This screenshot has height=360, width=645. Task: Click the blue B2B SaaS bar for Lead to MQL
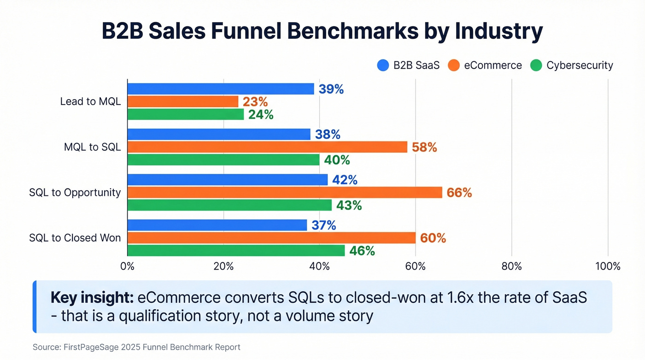[x=220, y=89]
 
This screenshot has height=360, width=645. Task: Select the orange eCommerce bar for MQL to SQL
[x=267, y=147]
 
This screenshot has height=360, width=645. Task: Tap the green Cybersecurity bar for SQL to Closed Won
[x=236, y=251]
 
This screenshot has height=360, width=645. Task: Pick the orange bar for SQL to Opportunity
[x=284, y=193]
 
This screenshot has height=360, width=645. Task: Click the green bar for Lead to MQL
[x=185, y=114]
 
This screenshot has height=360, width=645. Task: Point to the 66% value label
[x=459, y=193]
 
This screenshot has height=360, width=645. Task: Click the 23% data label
[x=255, y=102]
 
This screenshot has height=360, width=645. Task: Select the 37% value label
[x=323, y=225]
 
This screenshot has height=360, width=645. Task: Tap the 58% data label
[x=424, y=148]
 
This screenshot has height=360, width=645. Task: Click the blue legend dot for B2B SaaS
[x=383, y=65]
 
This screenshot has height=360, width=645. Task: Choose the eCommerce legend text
[x=493, y=65]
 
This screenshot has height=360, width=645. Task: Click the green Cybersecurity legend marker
[x=536, y=65]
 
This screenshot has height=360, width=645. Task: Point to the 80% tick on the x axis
[x=511, y=266]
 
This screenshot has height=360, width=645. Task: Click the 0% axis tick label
[x=127, y=266]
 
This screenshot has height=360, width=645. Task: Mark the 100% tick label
[x=608, y=266]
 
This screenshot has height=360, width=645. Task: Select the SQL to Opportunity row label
[x=75, y=193]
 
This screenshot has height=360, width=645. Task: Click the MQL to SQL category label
[x=92, y=148]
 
